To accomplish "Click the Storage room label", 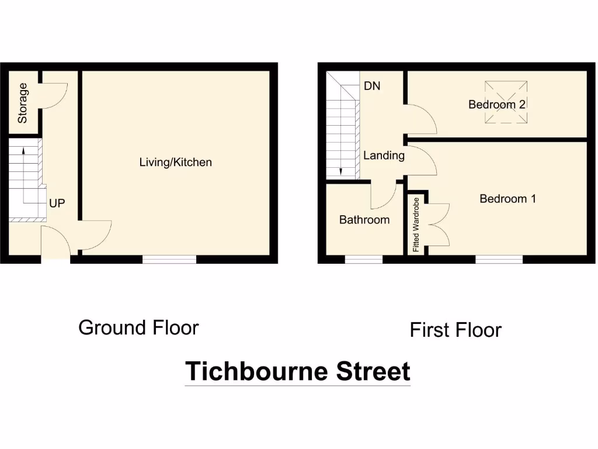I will tap(23, 103).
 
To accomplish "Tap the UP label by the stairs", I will tap(57, 203).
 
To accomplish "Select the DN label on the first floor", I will tap(372, 86).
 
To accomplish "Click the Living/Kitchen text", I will tap(175, 162).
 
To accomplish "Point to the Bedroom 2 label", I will tap(497, 105).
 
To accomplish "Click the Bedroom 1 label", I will tap(507, 199).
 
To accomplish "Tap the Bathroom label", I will tap(364, 220).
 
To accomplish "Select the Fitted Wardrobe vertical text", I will tap(416, 224).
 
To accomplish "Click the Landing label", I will tap(384, 156).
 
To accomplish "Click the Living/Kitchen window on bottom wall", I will tap(169, 259).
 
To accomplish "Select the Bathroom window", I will tap(364, 259).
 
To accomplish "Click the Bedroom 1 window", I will tap(499, 259).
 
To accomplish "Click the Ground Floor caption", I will tap(138, 327).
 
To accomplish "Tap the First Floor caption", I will tap(456, 330).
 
